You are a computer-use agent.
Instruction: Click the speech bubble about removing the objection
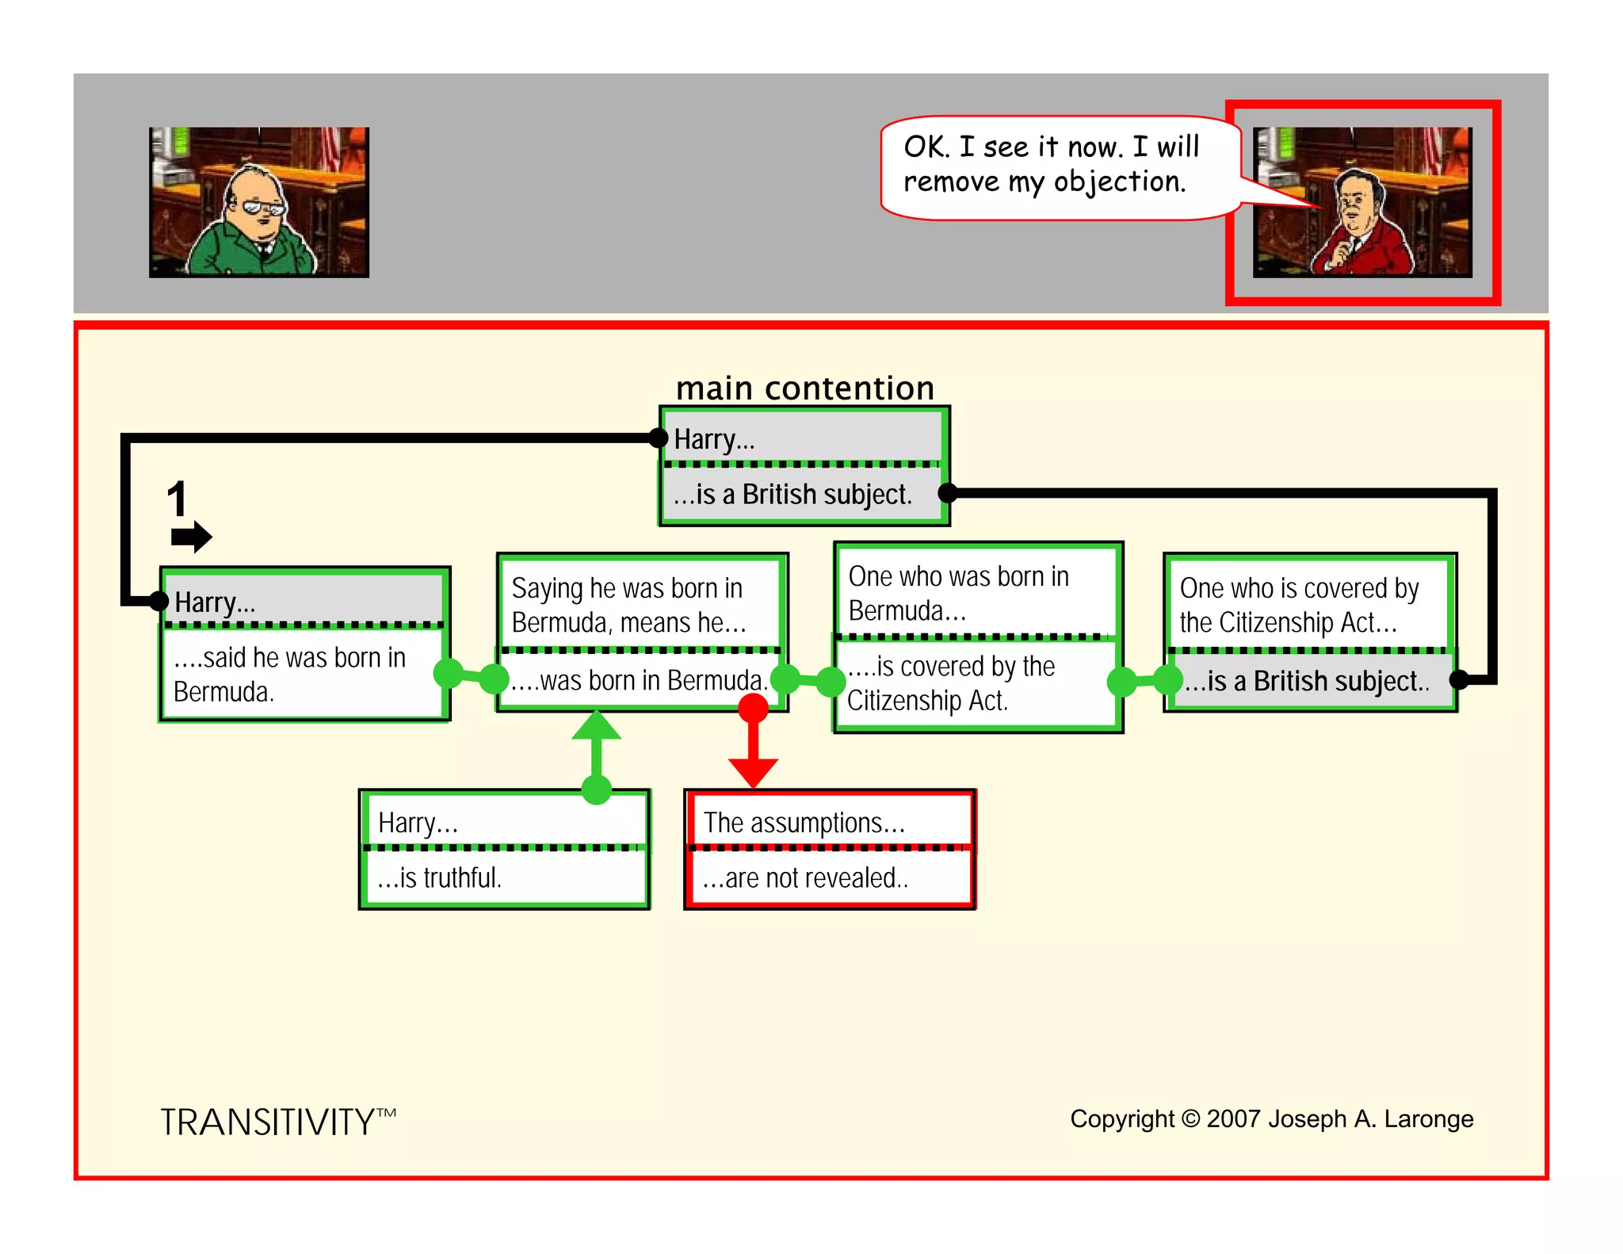pos(1058,166)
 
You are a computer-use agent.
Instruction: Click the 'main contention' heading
pos(804,388)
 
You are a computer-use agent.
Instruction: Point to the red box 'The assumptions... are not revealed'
pos(830,849)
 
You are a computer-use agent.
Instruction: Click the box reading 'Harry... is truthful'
pos(504,849)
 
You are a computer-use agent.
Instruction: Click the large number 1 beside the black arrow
pos(177,499)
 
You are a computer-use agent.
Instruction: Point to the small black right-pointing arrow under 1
pos(191,537)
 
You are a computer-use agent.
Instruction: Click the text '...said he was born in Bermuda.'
pos(289,675)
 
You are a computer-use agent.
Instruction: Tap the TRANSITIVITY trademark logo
pos(277,1122)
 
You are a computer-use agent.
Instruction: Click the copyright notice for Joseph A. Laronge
pos(1271,1118)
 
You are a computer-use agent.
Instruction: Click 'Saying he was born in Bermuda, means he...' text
pos(628,605)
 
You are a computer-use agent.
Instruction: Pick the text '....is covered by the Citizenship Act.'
pos(951,683)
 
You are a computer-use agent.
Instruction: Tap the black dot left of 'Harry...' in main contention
pos(658,438)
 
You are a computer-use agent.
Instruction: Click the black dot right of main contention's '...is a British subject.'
pos(948,493)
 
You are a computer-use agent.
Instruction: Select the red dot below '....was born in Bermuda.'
pos(753,708)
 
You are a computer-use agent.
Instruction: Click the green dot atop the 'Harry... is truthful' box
pos(596,789)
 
